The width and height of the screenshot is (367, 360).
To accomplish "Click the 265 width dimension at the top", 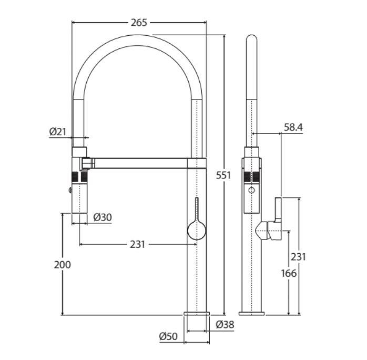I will point(140,23).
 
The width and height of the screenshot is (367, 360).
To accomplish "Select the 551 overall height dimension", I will point(223,176).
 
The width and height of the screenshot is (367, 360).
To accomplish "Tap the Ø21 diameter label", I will point(58,132).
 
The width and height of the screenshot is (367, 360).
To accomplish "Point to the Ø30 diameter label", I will point(102,217).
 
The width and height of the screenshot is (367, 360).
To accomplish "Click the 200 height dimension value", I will point(62,265).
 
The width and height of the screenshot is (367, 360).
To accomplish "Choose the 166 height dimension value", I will point(288,273).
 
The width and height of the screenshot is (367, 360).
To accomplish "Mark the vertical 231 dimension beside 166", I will point(298,257).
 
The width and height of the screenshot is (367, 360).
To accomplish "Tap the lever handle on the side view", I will point(277,211).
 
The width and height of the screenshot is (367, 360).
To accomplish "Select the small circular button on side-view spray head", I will point(251,189).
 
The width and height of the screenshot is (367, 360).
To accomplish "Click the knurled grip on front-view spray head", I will point(79,176).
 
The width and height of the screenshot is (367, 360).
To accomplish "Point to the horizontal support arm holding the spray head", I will point(140,163).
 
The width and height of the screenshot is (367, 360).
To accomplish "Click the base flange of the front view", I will point(197,314).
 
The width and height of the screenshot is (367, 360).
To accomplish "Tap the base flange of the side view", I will point(252,314).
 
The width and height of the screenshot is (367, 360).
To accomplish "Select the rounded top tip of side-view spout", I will point(252,38).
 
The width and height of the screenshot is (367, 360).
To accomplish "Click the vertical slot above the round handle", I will point(197,208).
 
